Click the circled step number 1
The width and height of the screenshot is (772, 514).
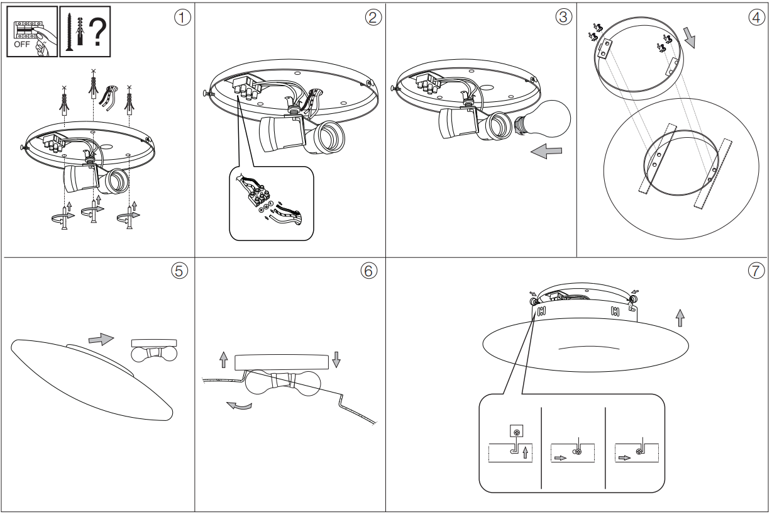(182, 18)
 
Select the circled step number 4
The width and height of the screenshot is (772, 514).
(756, 18)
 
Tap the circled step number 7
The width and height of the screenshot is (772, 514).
(756, 271)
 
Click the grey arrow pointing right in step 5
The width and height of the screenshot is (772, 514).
(101, 338)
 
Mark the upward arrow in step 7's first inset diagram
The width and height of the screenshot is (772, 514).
(526, 452)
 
